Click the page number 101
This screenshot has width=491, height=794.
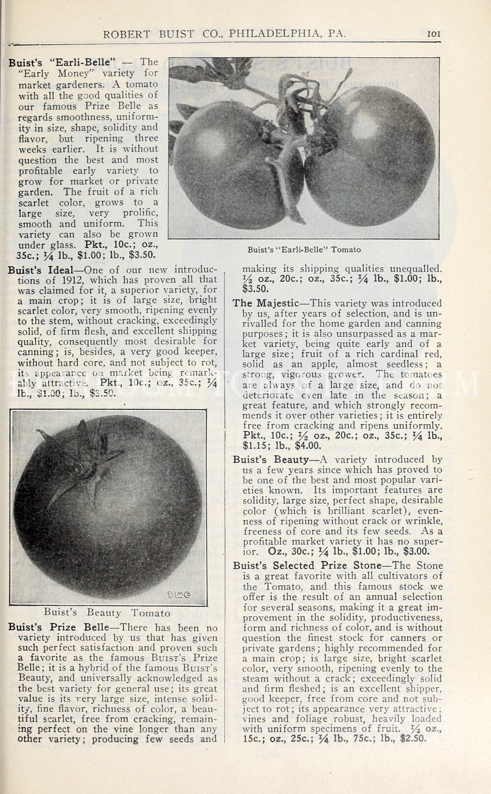434,34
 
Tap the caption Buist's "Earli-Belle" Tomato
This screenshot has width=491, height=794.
304,249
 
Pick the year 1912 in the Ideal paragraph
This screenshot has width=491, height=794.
75,281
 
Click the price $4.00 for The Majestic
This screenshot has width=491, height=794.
308,446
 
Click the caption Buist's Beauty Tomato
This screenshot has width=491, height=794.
107,613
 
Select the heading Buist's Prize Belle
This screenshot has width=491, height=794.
61,628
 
